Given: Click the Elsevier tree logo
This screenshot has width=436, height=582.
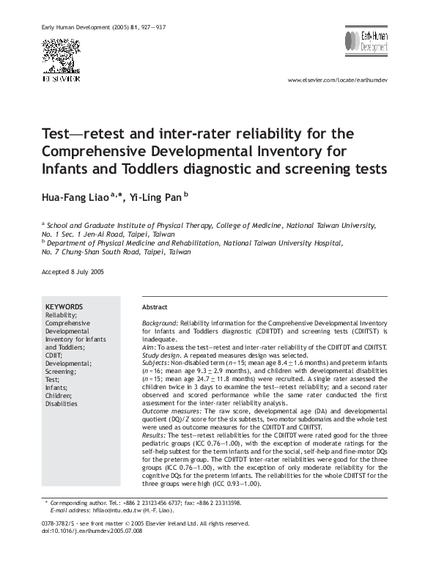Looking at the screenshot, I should (x=61, y=54).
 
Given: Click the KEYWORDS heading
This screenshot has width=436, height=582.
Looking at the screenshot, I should (x=64, y=306).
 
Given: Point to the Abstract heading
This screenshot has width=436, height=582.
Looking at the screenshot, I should (x=155, y=307).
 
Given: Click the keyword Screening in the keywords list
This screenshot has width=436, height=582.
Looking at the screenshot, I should (x=62, y=372).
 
